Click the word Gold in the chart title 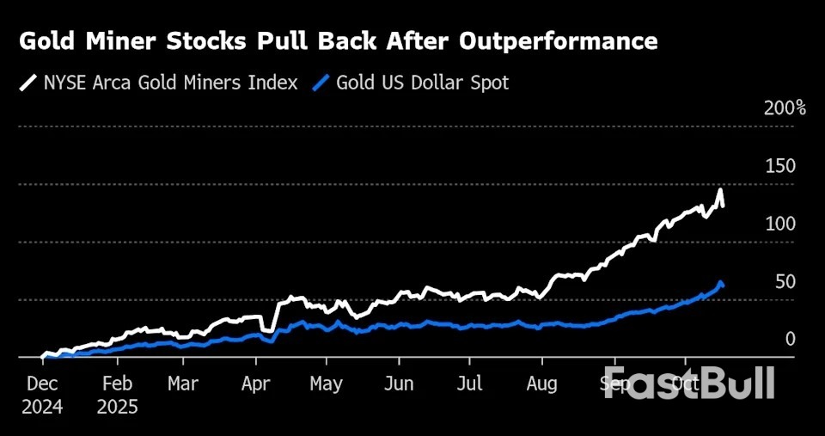pyautogui.click(x=47, y=41)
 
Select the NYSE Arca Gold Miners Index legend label pyautogui.click(x=170, y=83)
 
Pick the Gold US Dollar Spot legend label pyautogui.click(x=422, y=83)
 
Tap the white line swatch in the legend pyautogui.click(x=28, y=83)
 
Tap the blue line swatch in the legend pyautogui.click(x=322, y=83)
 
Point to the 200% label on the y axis pyautogui.click(x=785, y=108)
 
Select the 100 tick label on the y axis pyautogui.click(x=779, y=224)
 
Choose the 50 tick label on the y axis pyautogui.click(x=783, y=282)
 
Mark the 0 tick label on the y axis pyautogui.click(x=790, y=340)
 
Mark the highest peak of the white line pyautogui.click(x=719, y=190)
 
